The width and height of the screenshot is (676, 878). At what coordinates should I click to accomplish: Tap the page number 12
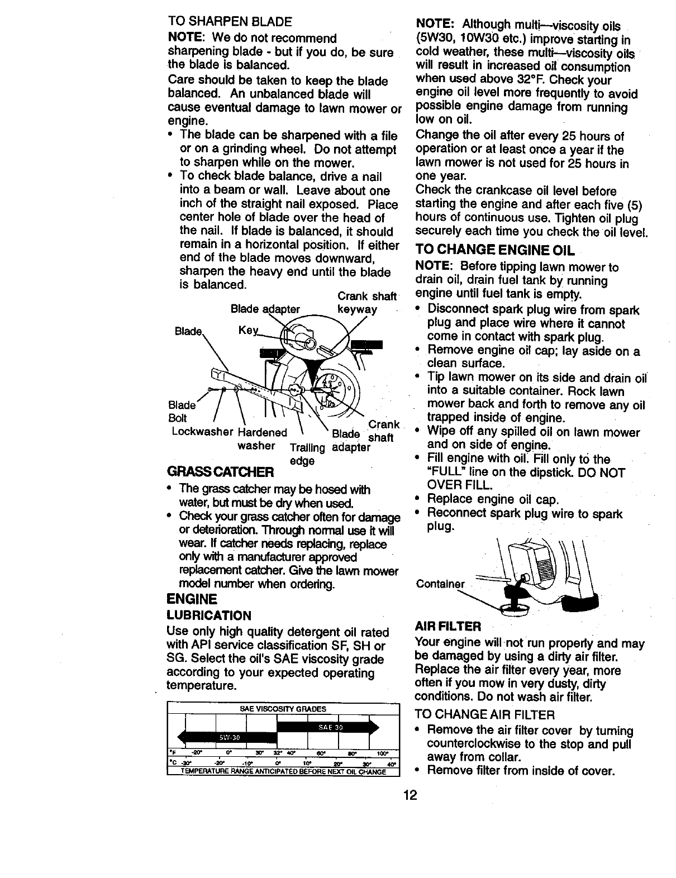click(x=411, y=795)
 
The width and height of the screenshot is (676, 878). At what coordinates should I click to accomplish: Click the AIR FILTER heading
click(x=448, y=625)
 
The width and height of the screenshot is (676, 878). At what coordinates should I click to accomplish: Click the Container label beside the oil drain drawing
click(x=440, y=584)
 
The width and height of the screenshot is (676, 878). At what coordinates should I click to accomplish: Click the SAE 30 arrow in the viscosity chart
click(x=327, y=727)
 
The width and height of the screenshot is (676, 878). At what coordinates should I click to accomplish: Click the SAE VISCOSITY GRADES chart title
click(x=283, y=709)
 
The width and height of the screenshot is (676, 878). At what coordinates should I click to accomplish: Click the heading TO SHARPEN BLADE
click(x=230, y=23)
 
